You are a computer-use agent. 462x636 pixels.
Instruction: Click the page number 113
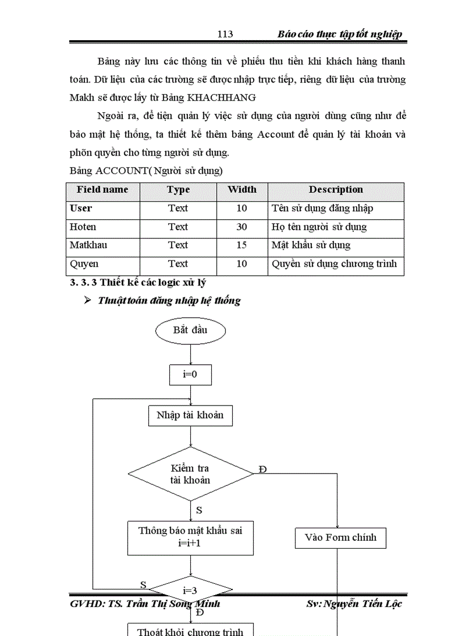click(225, 35)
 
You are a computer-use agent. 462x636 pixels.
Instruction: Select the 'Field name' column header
click(102, 190)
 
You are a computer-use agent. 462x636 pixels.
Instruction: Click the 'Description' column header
click(336, 190)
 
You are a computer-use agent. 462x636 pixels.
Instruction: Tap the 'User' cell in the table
click(81, 208)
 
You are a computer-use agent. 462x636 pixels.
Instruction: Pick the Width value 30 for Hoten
click(242, 227)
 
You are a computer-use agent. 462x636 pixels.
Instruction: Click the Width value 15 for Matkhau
click(242, 245)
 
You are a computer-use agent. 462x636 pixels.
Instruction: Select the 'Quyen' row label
click(84, 264)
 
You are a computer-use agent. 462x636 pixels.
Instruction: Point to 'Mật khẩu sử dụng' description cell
click(311, 245)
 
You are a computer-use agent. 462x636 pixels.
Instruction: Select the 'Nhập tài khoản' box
click(190, 415)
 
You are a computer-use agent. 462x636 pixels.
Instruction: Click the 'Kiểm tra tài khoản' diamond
click(190, 474)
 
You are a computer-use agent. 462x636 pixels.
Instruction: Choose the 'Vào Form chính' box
click(340, 537)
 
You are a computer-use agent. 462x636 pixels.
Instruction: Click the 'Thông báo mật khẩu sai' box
click(190, 537)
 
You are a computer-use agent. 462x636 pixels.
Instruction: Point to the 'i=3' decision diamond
click(190, 591)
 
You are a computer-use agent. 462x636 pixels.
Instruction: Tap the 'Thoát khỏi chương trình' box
click(190, 630)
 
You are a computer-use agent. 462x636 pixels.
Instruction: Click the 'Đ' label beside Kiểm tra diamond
click(262, 469)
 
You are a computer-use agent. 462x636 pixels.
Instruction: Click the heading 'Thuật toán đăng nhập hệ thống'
click(169, 301)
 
